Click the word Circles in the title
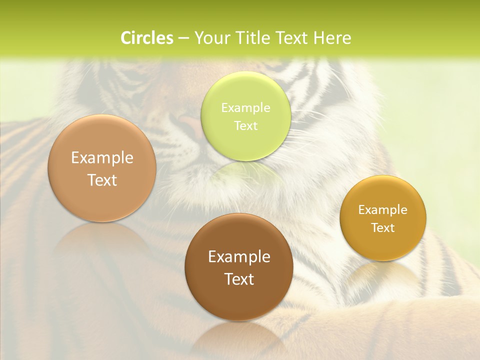[x=146, y=38]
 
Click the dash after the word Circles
[x=183, y=38]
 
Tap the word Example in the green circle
[x=245, y=108]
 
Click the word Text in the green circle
[x=245, y=126]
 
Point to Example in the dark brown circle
[x=239, y=257]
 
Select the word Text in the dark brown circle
[x=239, y=279]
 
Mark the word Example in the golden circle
[x=383, y=210]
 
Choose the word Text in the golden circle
[x=383, y=228]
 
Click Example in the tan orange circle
[x=102, y=158]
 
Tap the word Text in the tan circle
[x=102, y=180]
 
